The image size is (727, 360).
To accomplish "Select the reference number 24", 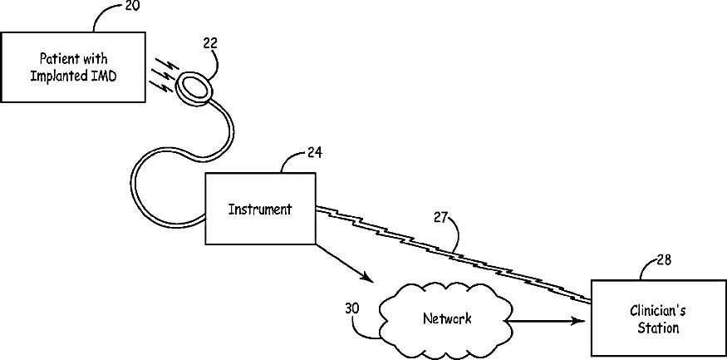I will (x=315, y=152).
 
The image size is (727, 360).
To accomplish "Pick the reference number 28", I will (x=664, y=259).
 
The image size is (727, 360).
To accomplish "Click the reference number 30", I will (x=351, y=307).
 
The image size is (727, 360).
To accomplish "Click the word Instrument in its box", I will (x=260, y=210).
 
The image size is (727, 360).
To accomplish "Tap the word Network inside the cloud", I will (x=447, y=318).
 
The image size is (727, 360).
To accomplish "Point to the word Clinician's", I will (x=658, y=313).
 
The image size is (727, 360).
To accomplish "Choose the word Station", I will (x=658, y=328).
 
